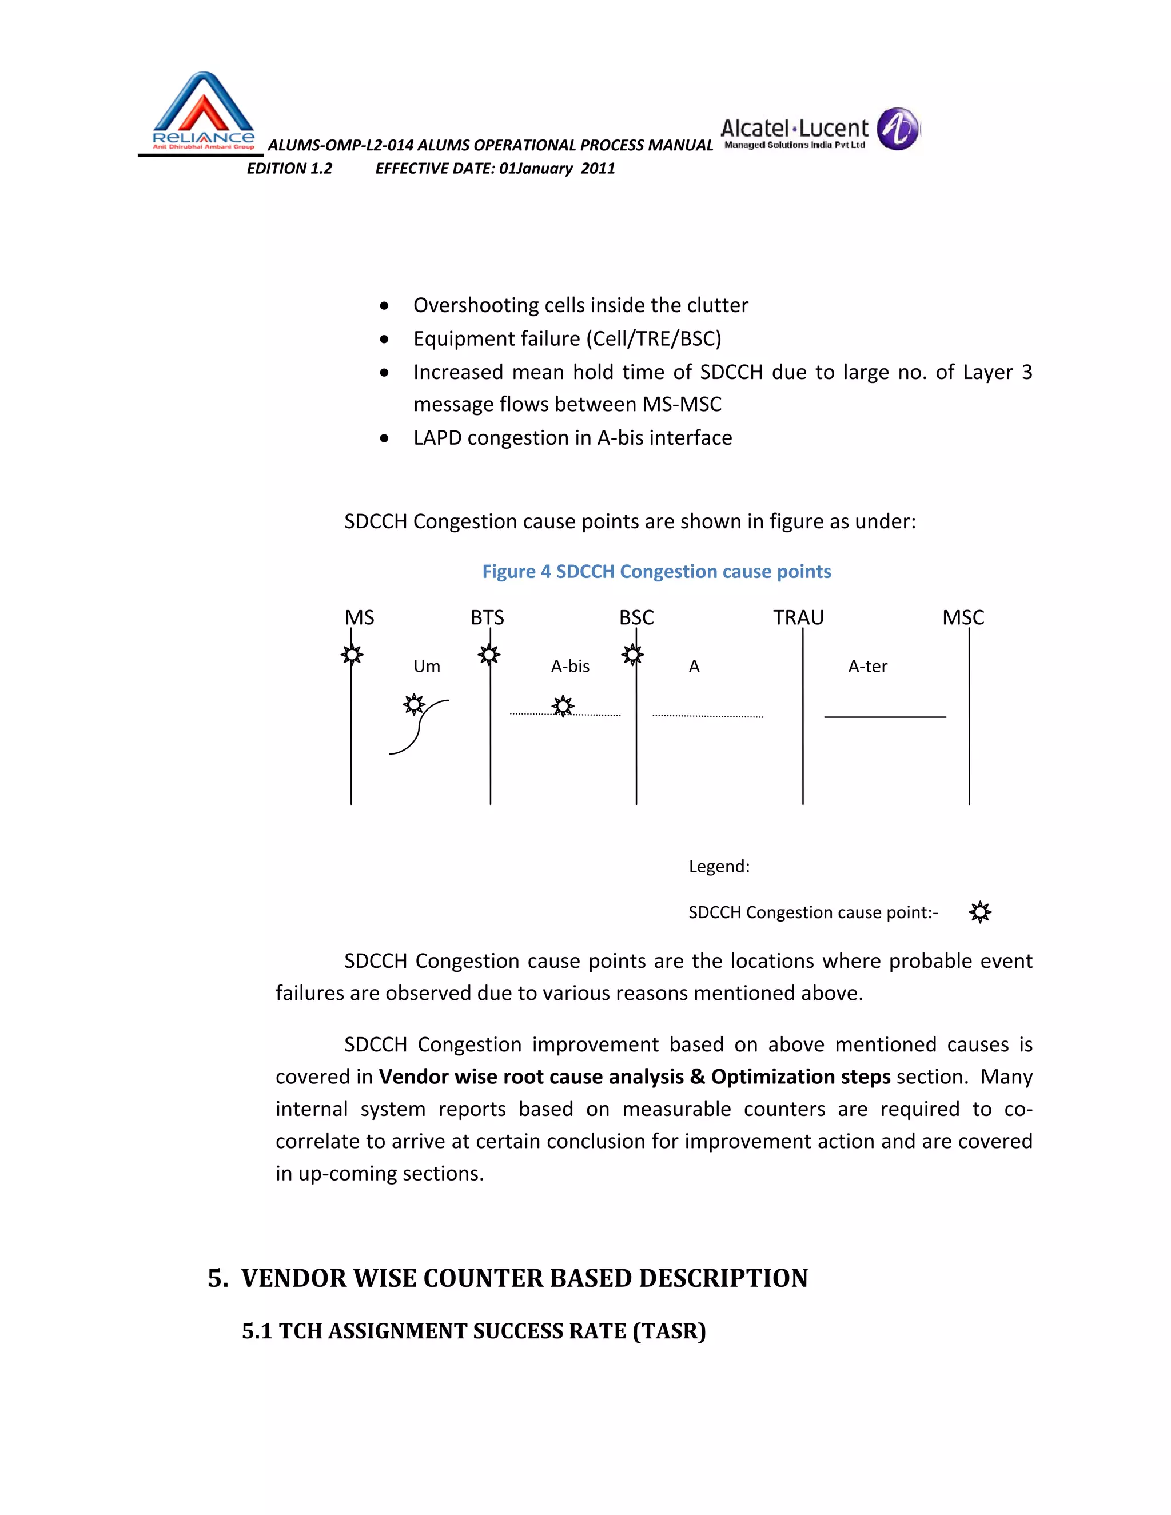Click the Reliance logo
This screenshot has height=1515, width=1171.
click(202, 111)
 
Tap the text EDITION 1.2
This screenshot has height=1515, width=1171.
click(289, 169)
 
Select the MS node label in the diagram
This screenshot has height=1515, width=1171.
click(359, 617)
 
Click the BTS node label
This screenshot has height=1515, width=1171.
click(487, 617)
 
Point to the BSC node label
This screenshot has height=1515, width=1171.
click(636, 617)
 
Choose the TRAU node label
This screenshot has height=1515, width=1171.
click(798, 617)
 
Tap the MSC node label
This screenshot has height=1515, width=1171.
click(963, 617)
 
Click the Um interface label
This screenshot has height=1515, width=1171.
click(427, 667)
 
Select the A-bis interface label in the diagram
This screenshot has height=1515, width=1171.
click(570, 667)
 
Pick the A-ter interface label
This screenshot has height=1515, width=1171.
click(867, 667)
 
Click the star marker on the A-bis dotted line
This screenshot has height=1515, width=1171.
click(563, 706)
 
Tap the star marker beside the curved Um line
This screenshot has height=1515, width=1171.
click(414, 705)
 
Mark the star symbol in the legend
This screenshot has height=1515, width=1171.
click(979, 912)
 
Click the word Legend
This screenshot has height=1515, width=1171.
click(719, 866)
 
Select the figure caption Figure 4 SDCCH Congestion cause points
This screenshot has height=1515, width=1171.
click(656, 572)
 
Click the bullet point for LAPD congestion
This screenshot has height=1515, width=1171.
click(384, 438)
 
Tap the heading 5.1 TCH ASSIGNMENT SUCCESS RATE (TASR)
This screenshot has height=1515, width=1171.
click(474, 1331)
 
